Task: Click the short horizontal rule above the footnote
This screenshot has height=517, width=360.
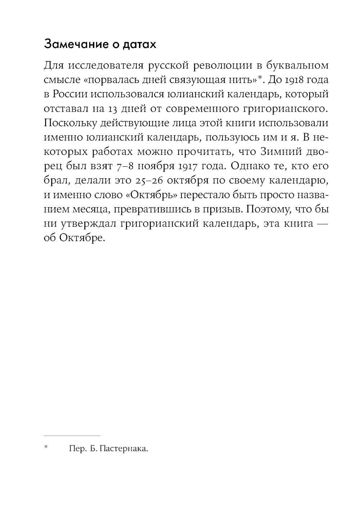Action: point(72,436)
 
